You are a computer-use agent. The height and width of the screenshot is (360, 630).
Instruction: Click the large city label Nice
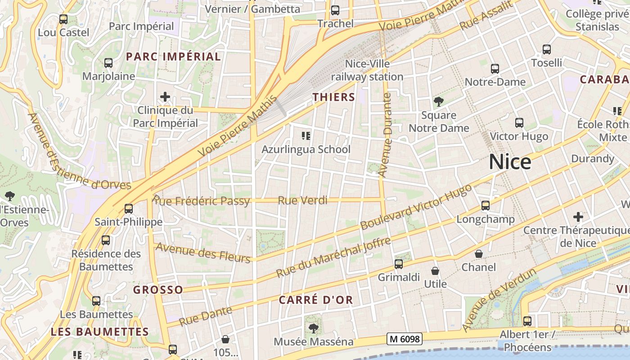click(510, 162)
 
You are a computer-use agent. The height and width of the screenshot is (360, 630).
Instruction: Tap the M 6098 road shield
click(404, 339)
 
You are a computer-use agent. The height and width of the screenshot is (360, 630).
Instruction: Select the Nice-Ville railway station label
click(367, 71)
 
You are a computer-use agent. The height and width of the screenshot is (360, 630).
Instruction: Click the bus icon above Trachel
click(335, 10)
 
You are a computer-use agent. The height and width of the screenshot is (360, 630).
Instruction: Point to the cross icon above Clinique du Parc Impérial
click(165, 97)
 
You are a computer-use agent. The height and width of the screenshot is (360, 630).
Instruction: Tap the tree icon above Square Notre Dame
click(439, 102)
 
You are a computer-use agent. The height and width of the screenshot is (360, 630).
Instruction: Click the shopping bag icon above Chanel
click(479, 254)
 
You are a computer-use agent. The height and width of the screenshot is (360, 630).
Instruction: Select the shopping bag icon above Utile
click(435, 271)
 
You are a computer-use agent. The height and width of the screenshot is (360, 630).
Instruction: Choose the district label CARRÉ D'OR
click(316, 300)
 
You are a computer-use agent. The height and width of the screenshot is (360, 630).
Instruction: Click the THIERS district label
click(334, 97)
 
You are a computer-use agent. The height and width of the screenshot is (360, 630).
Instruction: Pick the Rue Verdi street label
click(302, 200)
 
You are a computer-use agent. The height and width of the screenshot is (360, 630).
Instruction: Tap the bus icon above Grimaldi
click(399, 264)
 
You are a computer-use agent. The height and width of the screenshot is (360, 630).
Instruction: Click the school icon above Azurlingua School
click(306, 135)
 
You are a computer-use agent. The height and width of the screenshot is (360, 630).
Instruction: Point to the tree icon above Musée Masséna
click(314, 328)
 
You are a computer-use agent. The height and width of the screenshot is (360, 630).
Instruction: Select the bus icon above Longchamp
click(486, 206)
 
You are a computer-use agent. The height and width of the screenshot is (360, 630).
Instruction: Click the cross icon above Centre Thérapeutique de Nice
click(578, 217)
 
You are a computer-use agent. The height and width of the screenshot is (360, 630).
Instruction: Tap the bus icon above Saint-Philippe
click(129, 209)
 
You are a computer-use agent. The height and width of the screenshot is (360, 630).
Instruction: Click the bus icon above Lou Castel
click(63, 19)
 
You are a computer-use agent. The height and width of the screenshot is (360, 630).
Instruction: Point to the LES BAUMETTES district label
click(99, 332)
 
